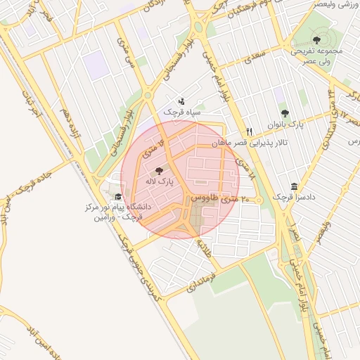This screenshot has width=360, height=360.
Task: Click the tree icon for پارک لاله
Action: [x=158, y=170]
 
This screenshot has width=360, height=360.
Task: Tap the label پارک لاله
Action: [x=160, y=181]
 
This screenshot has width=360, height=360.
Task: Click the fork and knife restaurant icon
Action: [x=249, y=131]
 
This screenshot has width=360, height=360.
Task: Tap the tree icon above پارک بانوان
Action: [x=285, y=113]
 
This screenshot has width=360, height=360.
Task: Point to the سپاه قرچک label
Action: [x=182, y=112]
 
